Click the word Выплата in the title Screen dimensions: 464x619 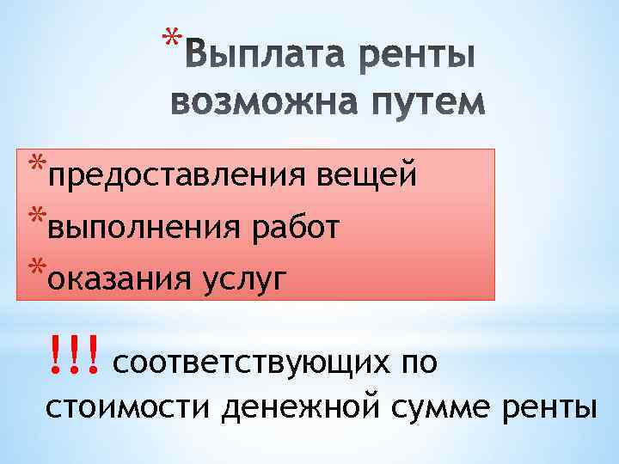(249, 59)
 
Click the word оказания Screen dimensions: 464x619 (121, 278)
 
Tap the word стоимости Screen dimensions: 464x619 (127, 405)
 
